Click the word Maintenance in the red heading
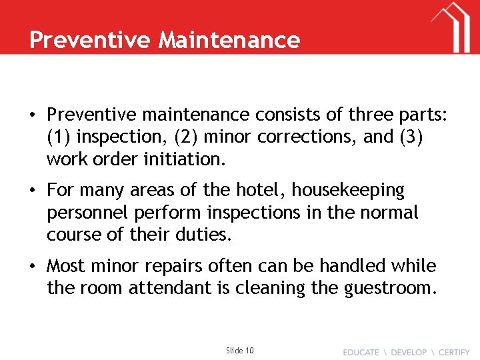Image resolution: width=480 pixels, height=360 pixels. point(229,40)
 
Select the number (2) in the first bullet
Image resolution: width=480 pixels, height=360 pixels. point(186,137)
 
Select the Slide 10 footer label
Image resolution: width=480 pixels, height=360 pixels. point(240,350)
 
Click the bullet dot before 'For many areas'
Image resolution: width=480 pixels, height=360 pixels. point(32,191)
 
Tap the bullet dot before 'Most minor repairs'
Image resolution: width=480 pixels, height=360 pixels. point(32,266)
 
